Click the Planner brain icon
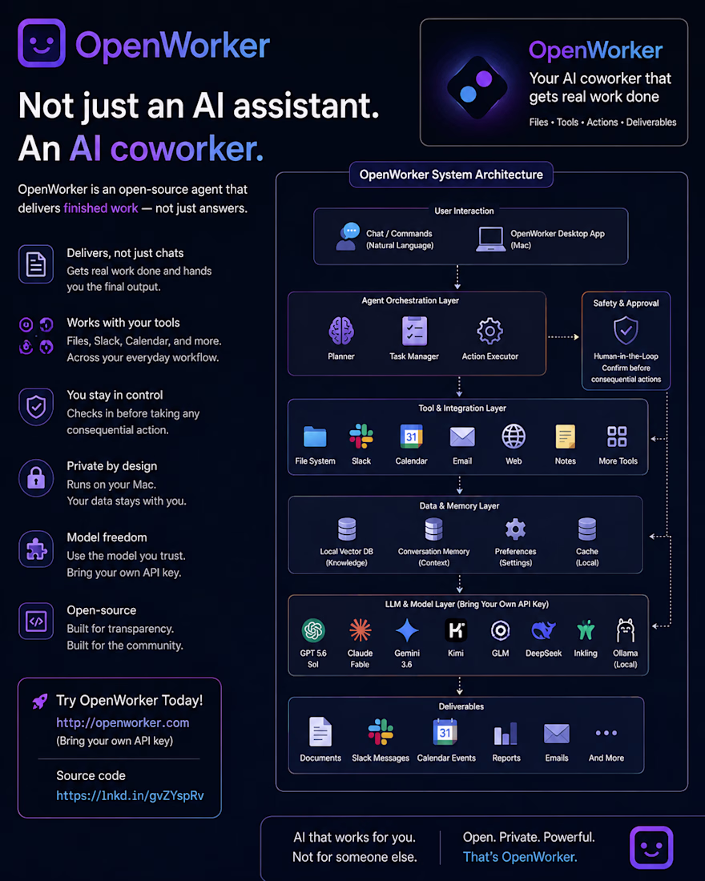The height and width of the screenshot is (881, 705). click(x=341, y=330)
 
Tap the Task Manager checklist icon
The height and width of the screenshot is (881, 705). click(x=414, y=330)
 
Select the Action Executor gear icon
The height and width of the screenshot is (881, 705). click(x=489, y=331)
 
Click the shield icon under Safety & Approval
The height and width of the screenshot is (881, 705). click(x=626, y=330)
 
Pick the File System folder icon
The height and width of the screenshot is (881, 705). click(x=315, y=436)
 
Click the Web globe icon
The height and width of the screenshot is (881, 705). click(x=514, y=436)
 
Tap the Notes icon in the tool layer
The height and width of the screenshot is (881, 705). click(x=565, y=436)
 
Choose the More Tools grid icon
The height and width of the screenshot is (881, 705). click(x=617, y=436)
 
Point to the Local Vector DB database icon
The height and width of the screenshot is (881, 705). click(x=347, y=529)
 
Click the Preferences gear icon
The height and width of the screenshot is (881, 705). click(x=515, y=529)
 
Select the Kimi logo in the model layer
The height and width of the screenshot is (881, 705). click(x=455, y=630)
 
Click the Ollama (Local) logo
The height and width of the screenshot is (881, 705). click(x=625, y=630)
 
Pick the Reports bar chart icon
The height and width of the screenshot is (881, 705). click(x=506, y=733)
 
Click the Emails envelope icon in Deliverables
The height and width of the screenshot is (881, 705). click(x=557, y=733)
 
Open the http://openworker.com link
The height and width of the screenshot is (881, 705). click(x=123, y=722)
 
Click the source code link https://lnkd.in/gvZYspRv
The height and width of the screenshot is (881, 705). click(x=130, y=795)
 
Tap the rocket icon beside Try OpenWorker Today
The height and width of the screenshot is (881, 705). click(x=40, y=702)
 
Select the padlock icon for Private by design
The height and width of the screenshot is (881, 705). click(x=36, y=478)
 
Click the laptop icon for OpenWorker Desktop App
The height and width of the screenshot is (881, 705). click(x=491, y=239)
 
